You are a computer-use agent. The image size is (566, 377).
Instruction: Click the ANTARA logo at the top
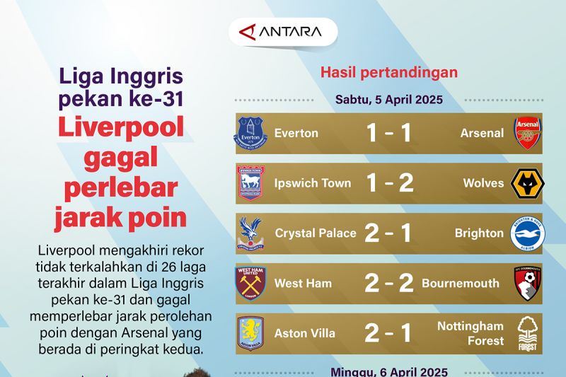(x=282, y=32)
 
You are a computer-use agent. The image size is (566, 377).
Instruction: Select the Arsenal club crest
(x=527, y=133)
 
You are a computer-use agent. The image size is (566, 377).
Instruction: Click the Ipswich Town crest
(x=250, y=183)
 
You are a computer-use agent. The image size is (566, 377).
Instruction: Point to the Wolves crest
(x=527, y=183)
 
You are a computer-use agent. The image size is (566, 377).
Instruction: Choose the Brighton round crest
(x=527, y=233)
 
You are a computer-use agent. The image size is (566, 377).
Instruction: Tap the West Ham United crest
(x=250, y=284)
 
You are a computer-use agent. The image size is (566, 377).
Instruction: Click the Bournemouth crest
(x=527, y=284)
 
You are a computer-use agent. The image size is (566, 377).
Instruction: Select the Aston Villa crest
(x=250, y=333)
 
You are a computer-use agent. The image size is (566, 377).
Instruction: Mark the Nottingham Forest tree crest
(x=527, y=334)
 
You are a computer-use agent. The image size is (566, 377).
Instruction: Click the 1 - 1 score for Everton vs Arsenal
(x=388, y=133)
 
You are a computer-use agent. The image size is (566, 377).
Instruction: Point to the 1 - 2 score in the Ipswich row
(x=388, y=183)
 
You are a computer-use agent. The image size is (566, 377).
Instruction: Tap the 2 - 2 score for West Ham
(x=388, y=284)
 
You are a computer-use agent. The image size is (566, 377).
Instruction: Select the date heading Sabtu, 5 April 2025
(x=389, y=100)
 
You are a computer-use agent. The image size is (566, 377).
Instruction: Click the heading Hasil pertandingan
(x=389, y=72)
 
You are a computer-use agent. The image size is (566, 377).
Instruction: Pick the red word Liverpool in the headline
(x=121, y=127)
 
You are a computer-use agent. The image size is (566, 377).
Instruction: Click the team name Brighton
(x=479, y=233)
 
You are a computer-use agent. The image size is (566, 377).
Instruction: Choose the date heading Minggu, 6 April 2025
(x=389, y=371)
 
